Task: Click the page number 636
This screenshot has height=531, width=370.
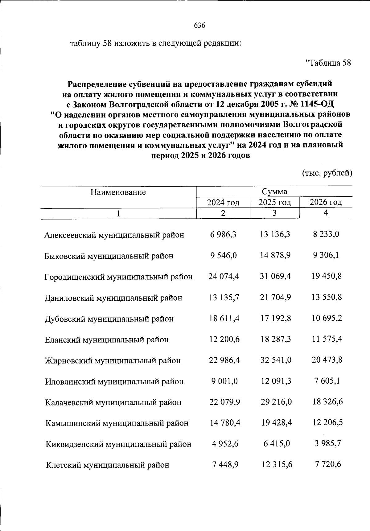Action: (x=199, y=25)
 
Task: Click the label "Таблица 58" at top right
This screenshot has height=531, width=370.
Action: (x=328, y=63)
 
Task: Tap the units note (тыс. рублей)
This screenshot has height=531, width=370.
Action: (x=327, y=173)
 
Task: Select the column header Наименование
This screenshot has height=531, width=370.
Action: (x=118, y=192)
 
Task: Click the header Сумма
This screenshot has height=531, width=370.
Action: (x=274, y=191)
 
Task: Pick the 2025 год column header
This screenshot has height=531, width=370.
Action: (x=274, y=202)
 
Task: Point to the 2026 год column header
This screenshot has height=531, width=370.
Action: (x=326, y=202)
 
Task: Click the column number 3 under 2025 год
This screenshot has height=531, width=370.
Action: (x=274, y=213)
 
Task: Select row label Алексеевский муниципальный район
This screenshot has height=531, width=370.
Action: (x=114, y=235)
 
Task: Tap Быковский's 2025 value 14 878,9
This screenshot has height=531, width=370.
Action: (x=275, y=255)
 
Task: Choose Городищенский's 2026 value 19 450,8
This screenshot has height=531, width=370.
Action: (x=327, y=276)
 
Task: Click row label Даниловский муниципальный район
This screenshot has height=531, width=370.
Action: (x=113, y=298)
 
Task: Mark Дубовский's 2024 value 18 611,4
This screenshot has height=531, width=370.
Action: (x=224, y=318)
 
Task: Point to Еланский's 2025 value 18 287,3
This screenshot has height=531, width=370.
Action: (x=276, y=339)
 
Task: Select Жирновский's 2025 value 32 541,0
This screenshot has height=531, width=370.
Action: (x=276, y=360)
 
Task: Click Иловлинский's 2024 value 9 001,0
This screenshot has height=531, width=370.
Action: (x=224, y=381)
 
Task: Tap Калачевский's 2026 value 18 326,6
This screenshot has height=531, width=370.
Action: (x=327, y=402)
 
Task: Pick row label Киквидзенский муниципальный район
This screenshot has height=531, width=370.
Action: (x=118, y=444)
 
